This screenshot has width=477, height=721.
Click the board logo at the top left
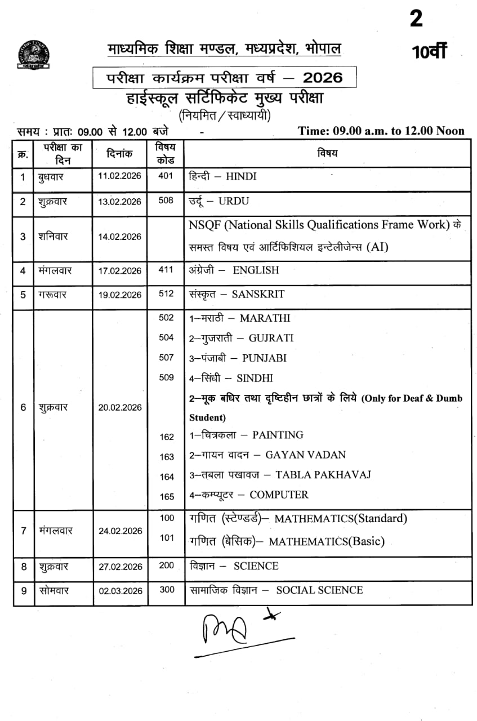(33, 55)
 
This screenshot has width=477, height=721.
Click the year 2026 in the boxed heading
(322, 77)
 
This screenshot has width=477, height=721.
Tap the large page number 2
(416, 20)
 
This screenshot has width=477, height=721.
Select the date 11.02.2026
(120, 177)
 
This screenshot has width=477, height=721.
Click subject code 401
(166, 176)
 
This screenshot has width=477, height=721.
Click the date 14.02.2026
(120, 237)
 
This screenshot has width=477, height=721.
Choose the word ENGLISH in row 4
(256, 270)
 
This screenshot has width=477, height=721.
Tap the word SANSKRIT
(259, 294)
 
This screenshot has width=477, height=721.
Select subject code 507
(166, 358)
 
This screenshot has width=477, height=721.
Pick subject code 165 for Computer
(167, 496)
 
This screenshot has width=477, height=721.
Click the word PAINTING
(278, 435)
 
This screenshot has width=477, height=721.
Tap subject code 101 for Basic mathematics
(167, 538)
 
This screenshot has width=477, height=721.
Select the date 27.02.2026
(120, 567)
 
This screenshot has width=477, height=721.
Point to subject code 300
(167, 590)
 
